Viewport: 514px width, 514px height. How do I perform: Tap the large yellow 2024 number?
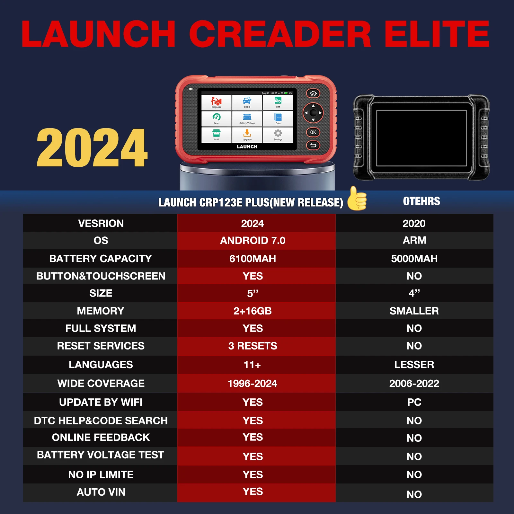(92, 148)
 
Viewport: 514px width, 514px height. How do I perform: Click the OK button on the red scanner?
(313, 132)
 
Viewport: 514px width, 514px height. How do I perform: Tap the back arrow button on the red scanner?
(313, 146)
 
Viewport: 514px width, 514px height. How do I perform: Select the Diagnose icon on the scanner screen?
(216, 102)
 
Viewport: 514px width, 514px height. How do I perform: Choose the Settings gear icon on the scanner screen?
(278, 134)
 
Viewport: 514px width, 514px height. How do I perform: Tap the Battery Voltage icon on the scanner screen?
(247, 118)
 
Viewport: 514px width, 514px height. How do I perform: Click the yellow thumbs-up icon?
(357, 199)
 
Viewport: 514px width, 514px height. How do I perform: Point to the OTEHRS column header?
(421, 201)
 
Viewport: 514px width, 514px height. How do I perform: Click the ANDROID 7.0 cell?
(253, 241)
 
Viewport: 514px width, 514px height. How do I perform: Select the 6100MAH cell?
(253, 259)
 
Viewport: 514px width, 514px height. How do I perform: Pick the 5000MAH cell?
(414, 259)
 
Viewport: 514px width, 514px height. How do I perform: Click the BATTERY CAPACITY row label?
(101, 259)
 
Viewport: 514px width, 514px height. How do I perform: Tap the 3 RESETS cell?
(253, 346)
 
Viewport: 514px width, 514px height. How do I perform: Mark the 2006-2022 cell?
(414, 384)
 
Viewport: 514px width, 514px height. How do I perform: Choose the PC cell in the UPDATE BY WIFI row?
(414, 402)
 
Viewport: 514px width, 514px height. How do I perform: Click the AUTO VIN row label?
(101, 492)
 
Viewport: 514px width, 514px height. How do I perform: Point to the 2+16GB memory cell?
(253, 311)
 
